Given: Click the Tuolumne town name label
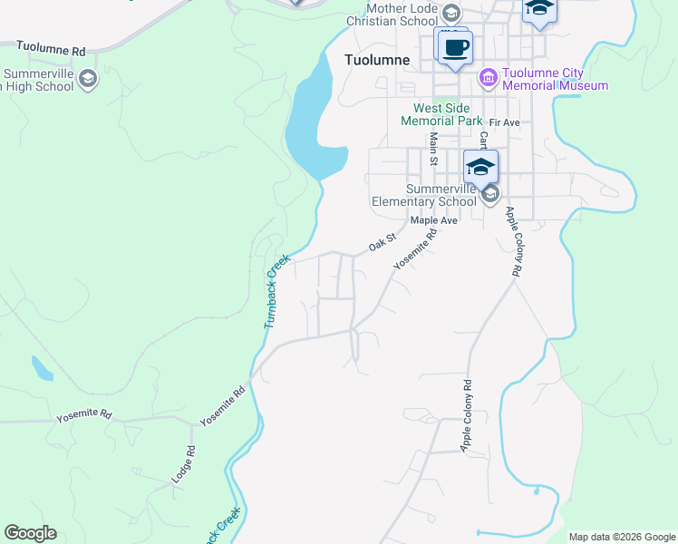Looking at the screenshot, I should coord(378,60).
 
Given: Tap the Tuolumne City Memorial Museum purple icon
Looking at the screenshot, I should coord(489,78).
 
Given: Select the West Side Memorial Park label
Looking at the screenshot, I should coord(442,113).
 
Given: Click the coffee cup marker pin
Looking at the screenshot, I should coord(457,47).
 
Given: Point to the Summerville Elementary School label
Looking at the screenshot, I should coord(423,195).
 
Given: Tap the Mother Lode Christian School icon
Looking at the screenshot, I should coord(450,13).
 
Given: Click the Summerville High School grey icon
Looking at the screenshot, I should coord(88,80).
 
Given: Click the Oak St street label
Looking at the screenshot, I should coord(383,243).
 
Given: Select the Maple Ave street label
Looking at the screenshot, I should coord(434,220).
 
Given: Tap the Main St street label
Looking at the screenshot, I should coord(433,148).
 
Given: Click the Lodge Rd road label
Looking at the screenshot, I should coord(183,463).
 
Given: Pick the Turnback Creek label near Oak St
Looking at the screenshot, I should coord(276,291).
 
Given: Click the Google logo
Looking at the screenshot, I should coord(30,533).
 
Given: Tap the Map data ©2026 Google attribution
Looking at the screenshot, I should coord(622,537).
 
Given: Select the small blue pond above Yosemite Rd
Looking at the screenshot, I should coord(41,368).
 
